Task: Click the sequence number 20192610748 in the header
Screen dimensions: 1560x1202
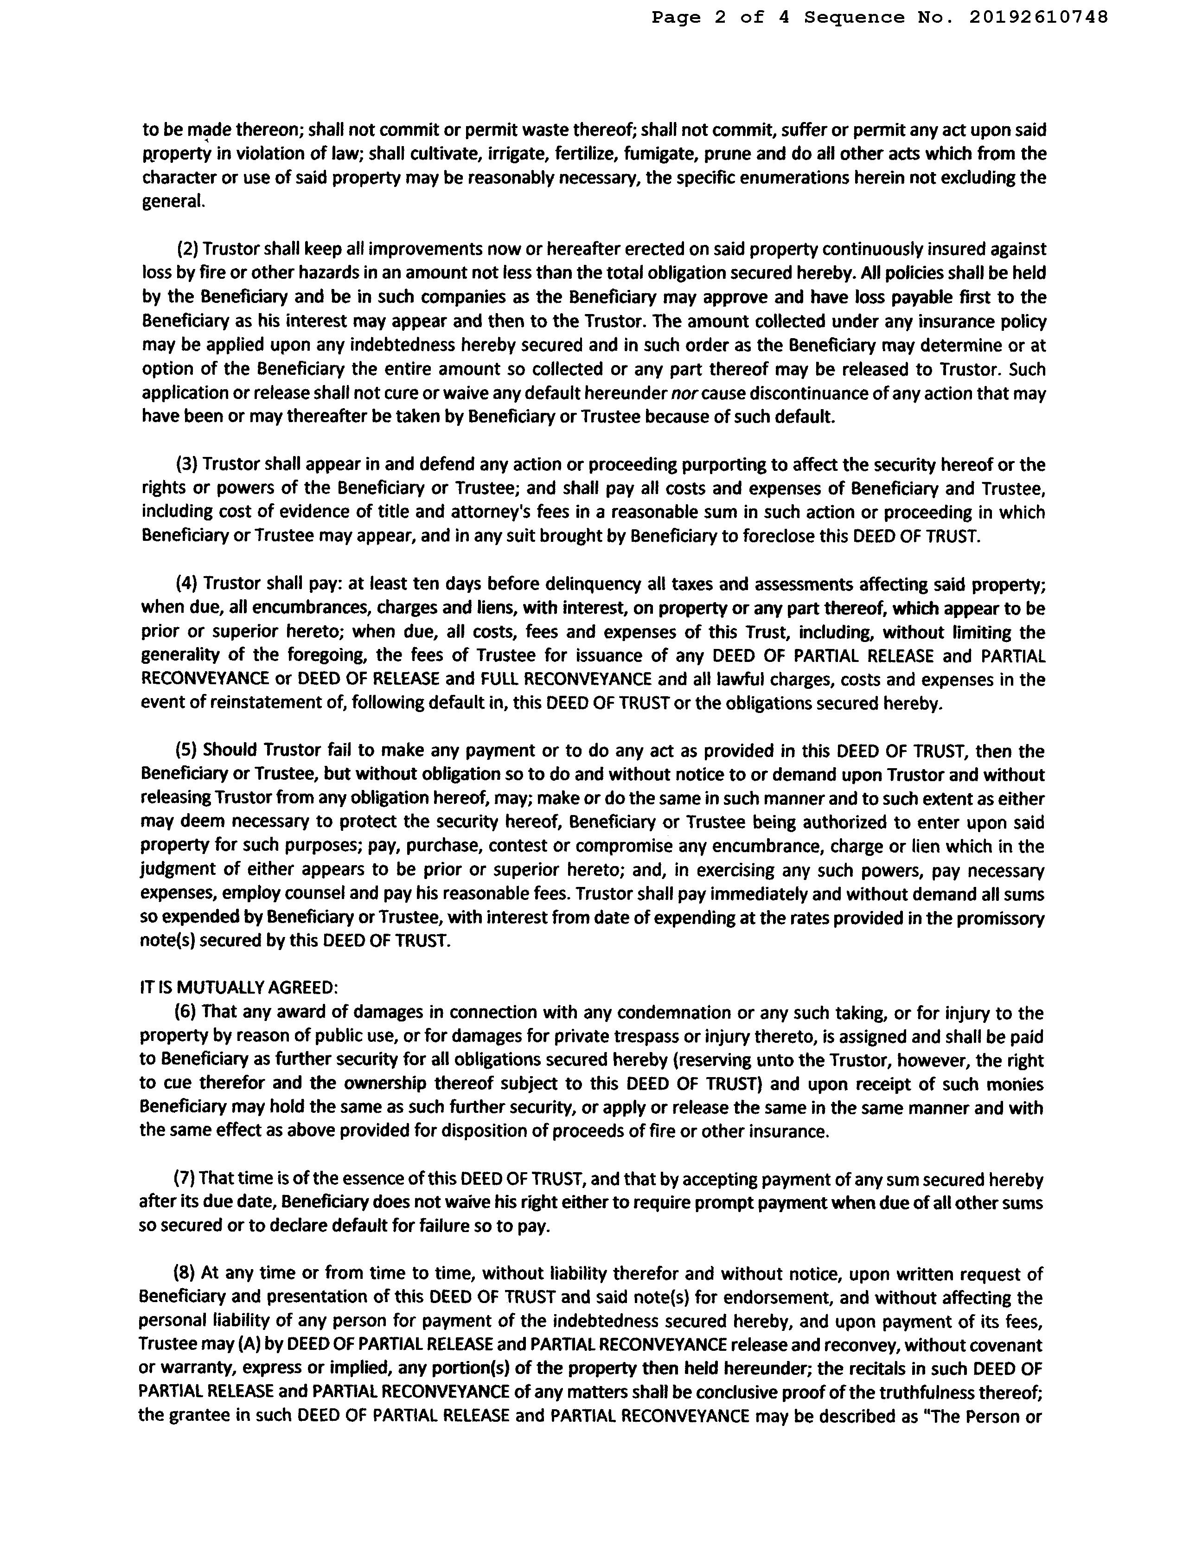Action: [1038, 18]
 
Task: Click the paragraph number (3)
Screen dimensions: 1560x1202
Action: [187, 465]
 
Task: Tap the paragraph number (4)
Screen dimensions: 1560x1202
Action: [187, 584]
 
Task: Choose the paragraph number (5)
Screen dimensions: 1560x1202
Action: [187, 751]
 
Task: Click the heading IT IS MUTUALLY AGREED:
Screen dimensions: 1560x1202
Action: [238, 988]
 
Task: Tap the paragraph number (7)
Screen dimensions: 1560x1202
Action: [185, 1179]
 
